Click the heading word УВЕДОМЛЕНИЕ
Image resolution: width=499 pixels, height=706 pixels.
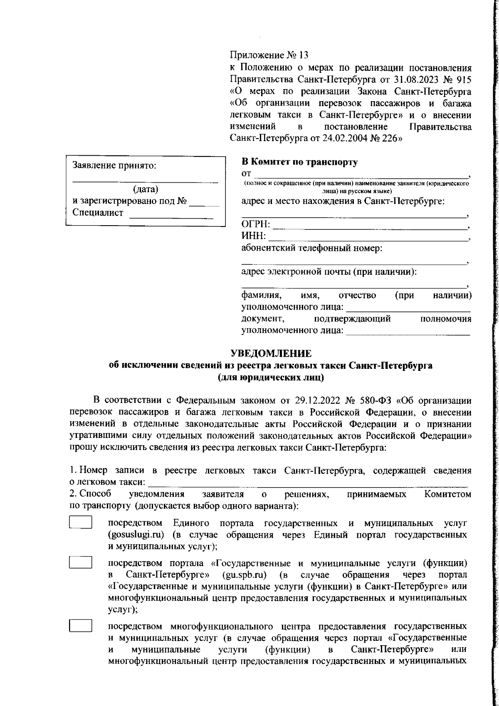(x=271, y=354)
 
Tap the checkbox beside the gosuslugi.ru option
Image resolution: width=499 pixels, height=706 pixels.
(x=80, y=522)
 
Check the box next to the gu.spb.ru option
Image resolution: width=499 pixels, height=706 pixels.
(x=80, y=562)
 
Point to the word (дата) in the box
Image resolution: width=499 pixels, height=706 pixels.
(x=145, y=189)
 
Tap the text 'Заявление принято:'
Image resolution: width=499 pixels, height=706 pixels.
(x=114, y=165)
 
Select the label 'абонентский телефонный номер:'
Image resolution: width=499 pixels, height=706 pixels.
(x=312, y=249)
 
